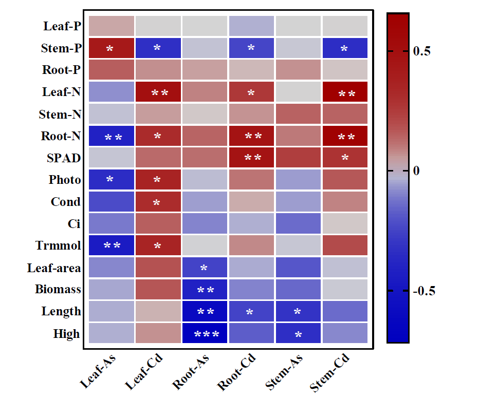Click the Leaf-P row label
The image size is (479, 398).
click(62, 26)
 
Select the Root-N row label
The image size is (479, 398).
click(61, 136)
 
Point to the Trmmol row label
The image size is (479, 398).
click(58, 245)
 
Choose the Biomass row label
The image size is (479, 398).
click(58, 289)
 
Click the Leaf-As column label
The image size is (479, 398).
click(98, 373)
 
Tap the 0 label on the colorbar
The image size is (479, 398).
click(417, 170)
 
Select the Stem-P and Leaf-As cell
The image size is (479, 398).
click(111, 48)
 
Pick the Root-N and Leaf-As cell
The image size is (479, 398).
click(111, 136)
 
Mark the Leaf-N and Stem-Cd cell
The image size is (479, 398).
click(344, 92)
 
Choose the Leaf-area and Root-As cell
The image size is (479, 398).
click(204, 267)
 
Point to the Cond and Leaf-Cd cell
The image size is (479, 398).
click(157, 202)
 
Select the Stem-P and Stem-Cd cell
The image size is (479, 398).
click(344, 48)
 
